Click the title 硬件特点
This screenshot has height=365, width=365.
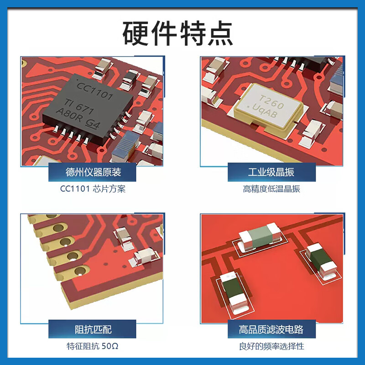coord(182,33)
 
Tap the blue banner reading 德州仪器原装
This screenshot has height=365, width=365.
coord(93,172)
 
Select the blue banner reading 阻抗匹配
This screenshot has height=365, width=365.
coord(93,329)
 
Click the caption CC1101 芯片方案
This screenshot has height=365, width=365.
coord(93,189)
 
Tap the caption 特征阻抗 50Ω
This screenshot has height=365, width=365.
coord(93,346)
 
